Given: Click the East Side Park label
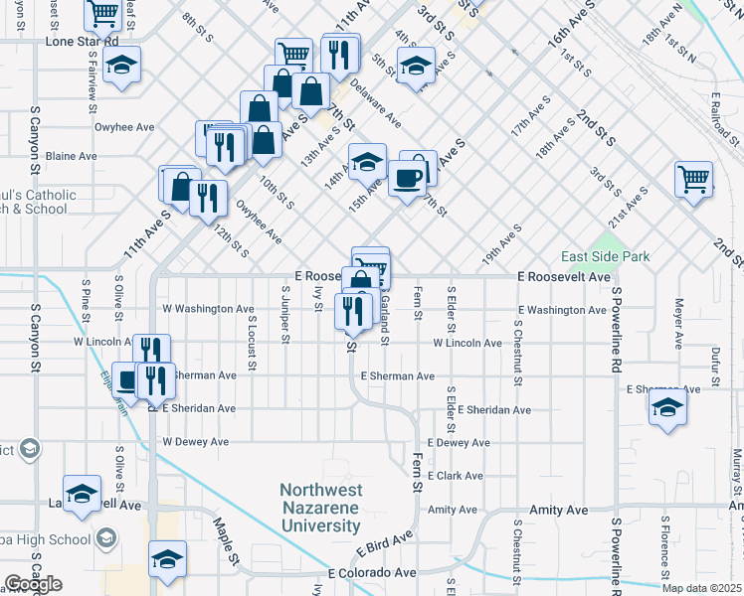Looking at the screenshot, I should pos(605,256).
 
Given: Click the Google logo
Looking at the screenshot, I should pos(33,584).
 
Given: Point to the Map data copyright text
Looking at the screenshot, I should pos(701,587).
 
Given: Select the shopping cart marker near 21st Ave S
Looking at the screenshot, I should pos(693,180).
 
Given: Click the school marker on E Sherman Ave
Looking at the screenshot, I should pos(667,407).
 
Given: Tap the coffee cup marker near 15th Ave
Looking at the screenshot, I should pos(407,178).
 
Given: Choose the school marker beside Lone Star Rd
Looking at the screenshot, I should pos(122,65).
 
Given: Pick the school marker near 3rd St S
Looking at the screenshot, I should pos(416,66).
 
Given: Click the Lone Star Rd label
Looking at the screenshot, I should pos(83,44).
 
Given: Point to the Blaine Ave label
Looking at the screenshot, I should pos(72,156).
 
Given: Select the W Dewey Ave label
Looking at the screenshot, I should pos(196,441).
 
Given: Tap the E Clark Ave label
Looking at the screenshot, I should pos(456,476).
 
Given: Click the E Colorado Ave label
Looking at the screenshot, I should pos(372,573).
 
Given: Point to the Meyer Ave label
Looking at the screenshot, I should pos(680,323).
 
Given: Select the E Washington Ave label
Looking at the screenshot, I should pos(561,310).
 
